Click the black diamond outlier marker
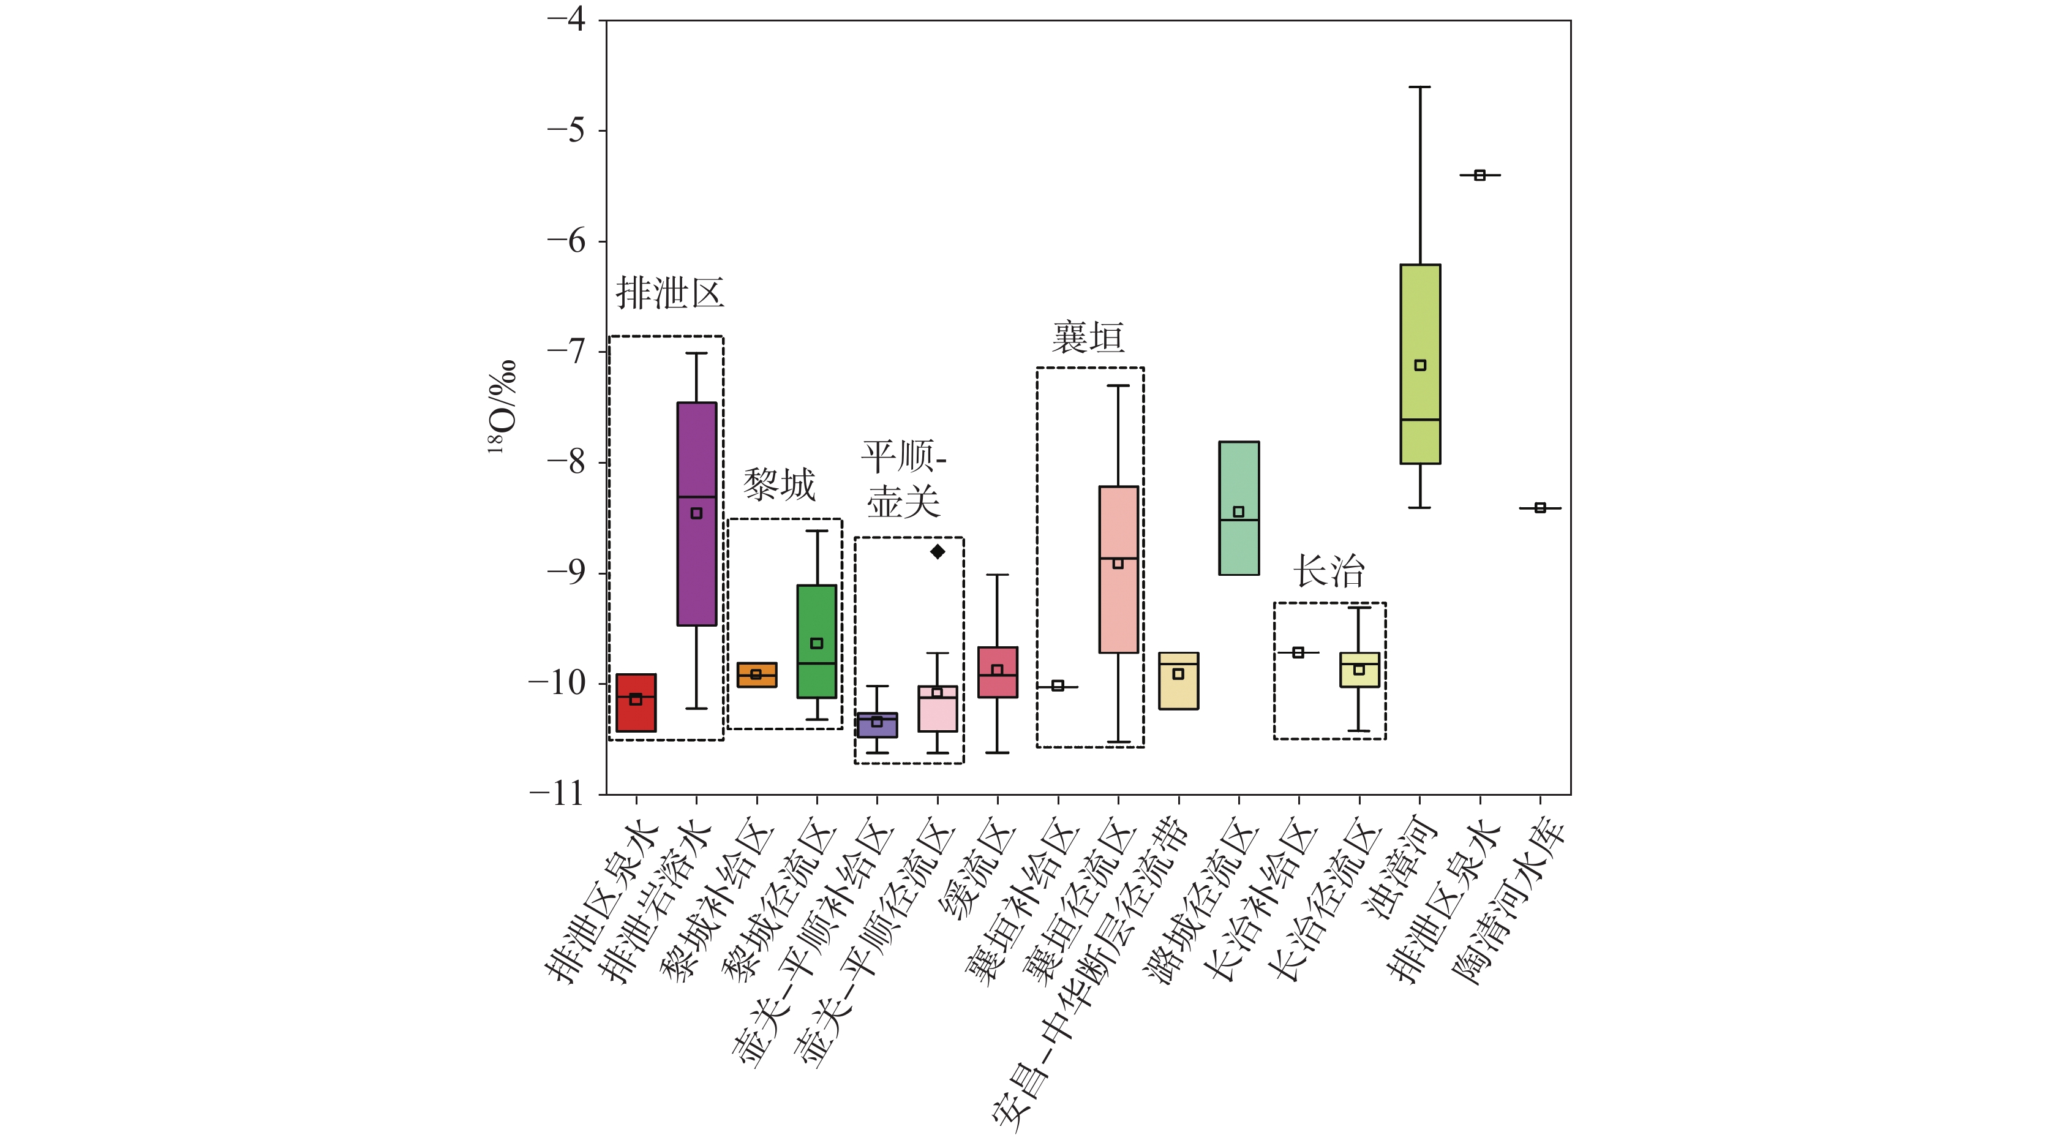(x=938, y=551)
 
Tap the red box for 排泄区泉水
(x=636, y=716)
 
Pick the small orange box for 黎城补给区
(x=756, y=674)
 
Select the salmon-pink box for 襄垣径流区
(x=1118, y=605)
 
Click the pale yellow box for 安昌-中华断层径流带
(x=1179, y=692)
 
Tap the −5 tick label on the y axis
(x=566, y=130)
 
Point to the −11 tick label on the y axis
(x=557, y=793)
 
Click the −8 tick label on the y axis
(x=566, y=461)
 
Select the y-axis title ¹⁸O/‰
(x=503, y=407)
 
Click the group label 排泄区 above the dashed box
(x=670, y=293)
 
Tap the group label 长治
(x=1329, y=570)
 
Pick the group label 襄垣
(x=1088, y=338)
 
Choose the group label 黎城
(x=780, y=485)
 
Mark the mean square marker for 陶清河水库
(x=1540, y=508)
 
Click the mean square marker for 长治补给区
(x=1298, y=652)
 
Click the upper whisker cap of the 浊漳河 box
(x=1420, y=87)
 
